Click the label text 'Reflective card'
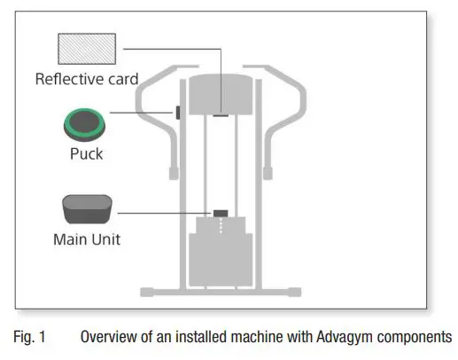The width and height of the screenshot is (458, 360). click(86, 79)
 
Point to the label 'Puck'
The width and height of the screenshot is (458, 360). click(86, 153)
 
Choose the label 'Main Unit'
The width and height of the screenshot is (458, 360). click(86, 239)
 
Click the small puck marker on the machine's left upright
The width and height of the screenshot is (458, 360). click(178, 113)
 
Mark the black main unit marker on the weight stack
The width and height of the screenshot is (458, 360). click(220, 213)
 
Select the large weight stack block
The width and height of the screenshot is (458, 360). click(220, 257)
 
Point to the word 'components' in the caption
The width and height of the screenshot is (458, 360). click(417, 337)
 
